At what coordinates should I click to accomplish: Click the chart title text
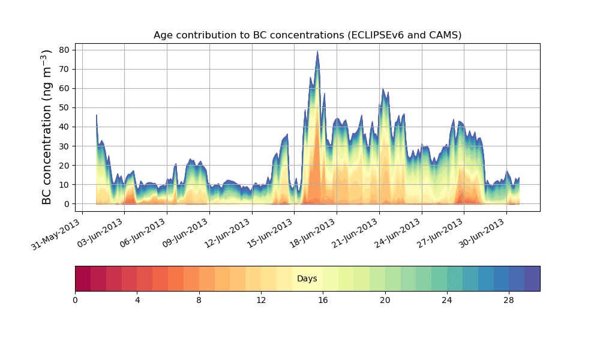[x=307, y=35]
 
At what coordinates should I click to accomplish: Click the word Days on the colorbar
[x=307, y=279]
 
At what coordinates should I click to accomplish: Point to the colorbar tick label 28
[x=509, y=300]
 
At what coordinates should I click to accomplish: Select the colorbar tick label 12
[x=261, y=300]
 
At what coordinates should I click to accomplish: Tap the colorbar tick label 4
[x=137, y=300]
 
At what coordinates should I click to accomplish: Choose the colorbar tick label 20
[x=385, y=300]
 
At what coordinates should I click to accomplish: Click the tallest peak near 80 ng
[x=317, y=52]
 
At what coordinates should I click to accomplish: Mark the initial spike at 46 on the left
[x=97, y=115]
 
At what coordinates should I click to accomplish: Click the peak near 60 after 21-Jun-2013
[x=383, y=89]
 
